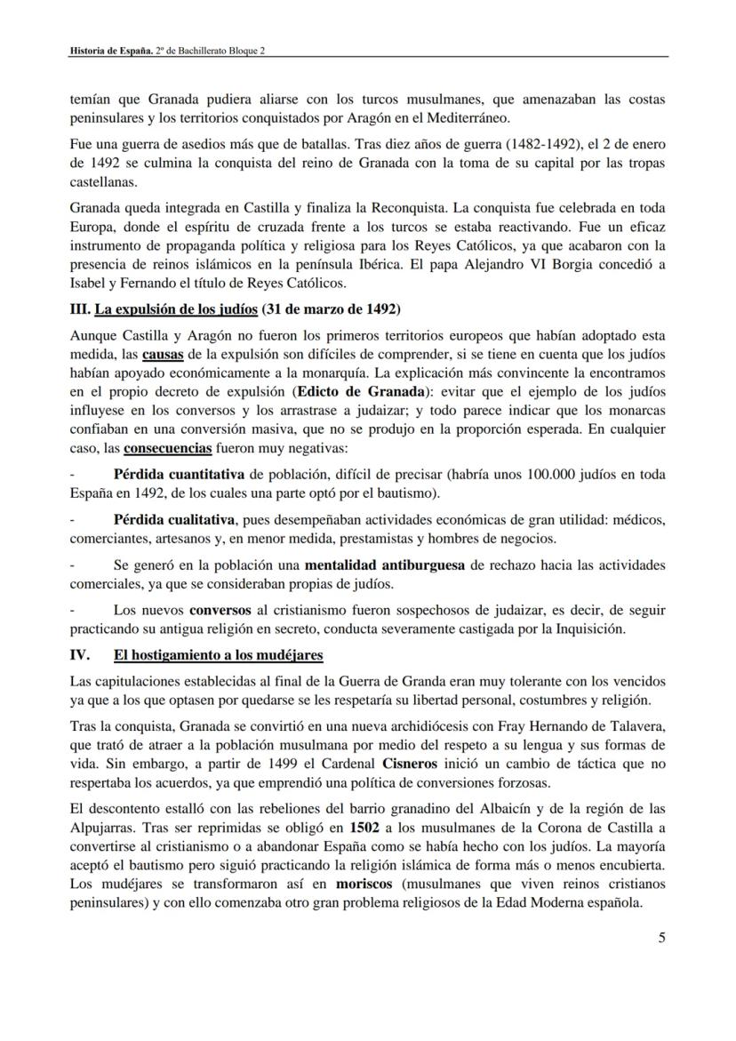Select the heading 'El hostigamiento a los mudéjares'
click(218, 655)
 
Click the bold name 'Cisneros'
click(410, 764)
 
